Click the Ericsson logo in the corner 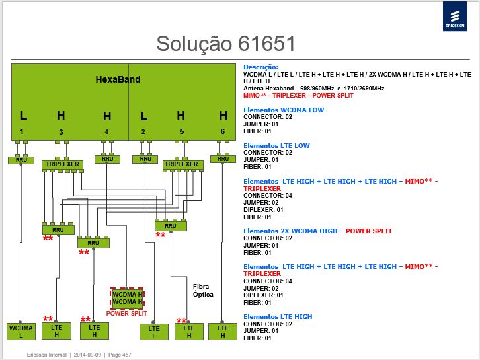(x=455, y=17)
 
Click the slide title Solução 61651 (x=225, y=44)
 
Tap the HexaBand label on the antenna (x=118, y=79)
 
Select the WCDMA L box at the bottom (x=21, y=331)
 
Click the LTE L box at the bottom (x=153, y=332)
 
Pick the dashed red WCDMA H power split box (x=127, y=298)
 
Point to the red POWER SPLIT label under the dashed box (x=126, y=314)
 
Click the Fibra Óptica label (x=203, y=290)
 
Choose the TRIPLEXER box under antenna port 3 (x=62, y=164)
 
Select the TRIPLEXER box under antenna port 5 (x=182, y=164)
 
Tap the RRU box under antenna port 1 (x=21, y=160)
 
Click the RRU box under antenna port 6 (x=223, y=159)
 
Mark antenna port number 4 (x=106, y=132)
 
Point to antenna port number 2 (x=143, y=132)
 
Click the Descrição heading (x=260, y=67)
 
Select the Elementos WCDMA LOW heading (x=284, y=110)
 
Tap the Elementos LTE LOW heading (x=276, y=145)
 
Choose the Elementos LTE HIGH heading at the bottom (x=278, y=317)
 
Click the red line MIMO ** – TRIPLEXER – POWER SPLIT (x=298, y=96)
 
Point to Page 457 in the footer (x=120, y=355)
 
